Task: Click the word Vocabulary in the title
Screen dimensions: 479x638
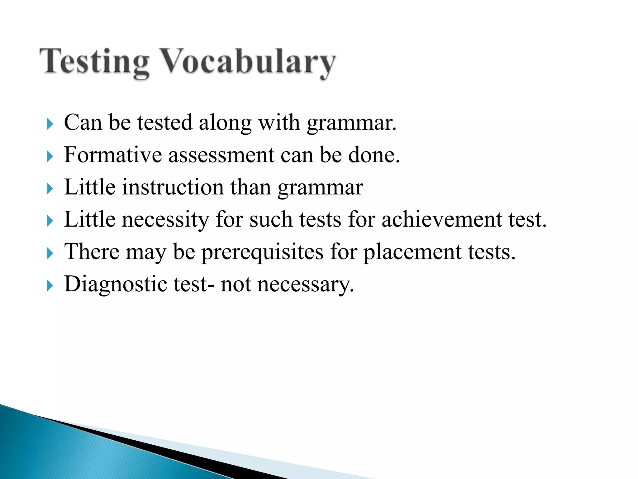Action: [x=248, y=61]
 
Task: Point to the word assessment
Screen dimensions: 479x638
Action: [x=221, y=155]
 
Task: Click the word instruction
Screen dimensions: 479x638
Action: [x=173, y=187]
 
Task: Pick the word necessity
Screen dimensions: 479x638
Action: [x=165, y=220]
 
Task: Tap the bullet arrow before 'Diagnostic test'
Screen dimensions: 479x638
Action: [x=50, y=286]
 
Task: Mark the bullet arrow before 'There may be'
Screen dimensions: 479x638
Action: [x=50, y=253]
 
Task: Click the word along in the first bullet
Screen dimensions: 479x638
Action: [x=225, y=123]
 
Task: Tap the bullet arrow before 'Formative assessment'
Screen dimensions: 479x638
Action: [x=50, y=157]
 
